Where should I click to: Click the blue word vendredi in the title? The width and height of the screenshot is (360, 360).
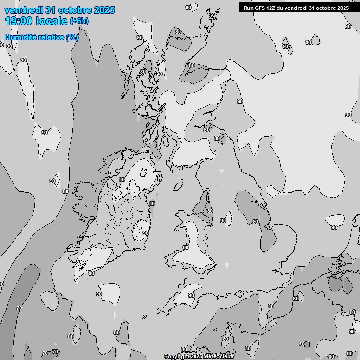click(24, 10)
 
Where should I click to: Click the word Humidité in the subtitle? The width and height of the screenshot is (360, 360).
click(21, 37)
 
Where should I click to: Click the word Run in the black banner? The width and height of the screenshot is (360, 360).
click(248, 7)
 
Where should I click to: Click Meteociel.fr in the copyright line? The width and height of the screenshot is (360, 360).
click(219, 357)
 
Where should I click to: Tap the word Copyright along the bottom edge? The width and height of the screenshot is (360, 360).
click(178, 357)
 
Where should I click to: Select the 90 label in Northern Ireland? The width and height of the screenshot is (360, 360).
click(121, 180)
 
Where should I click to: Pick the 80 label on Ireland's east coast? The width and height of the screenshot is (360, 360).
click(152, 203)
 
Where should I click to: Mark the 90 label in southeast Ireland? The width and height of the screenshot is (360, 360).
click(146, 232)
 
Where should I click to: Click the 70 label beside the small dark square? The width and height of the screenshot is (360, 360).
click(301, 344)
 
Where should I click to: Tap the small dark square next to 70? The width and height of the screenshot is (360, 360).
click(307, 345)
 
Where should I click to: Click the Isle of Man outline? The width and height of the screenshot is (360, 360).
click(178, 185)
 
